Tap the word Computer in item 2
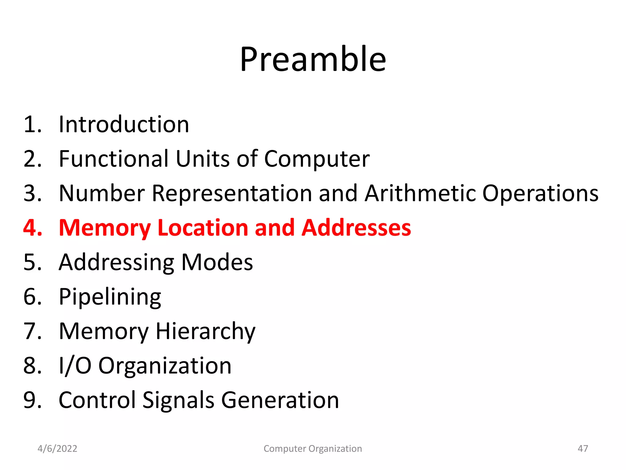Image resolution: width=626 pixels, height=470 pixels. coord(317,159)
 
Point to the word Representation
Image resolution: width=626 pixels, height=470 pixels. coord(232,193)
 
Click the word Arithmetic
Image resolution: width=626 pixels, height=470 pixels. coord(420,193)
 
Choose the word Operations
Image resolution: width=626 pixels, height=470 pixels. coord(540,193)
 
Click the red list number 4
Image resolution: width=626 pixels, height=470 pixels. coord(32,228)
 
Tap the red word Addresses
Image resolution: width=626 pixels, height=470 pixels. coord(356,228)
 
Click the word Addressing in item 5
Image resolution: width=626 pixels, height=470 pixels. coord(116,263)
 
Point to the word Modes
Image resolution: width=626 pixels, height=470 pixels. coord(217,263)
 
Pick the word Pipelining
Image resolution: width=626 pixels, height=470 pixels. coord(110,297)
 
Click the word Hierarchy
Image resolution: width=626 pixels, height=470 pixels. coord(205,331)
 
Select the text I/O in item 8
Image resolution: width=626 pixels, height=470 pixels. coord(75,366)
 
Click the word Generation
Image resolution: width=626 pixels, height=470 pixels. coord(280,400)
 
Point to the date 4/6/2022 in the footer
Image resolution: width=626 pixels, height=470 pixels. coord(57,449)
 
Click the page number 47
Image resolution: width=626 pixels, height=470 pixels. coord(583,449)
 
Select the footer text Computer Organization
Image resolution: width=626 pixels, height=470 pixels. coord(313,449)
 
